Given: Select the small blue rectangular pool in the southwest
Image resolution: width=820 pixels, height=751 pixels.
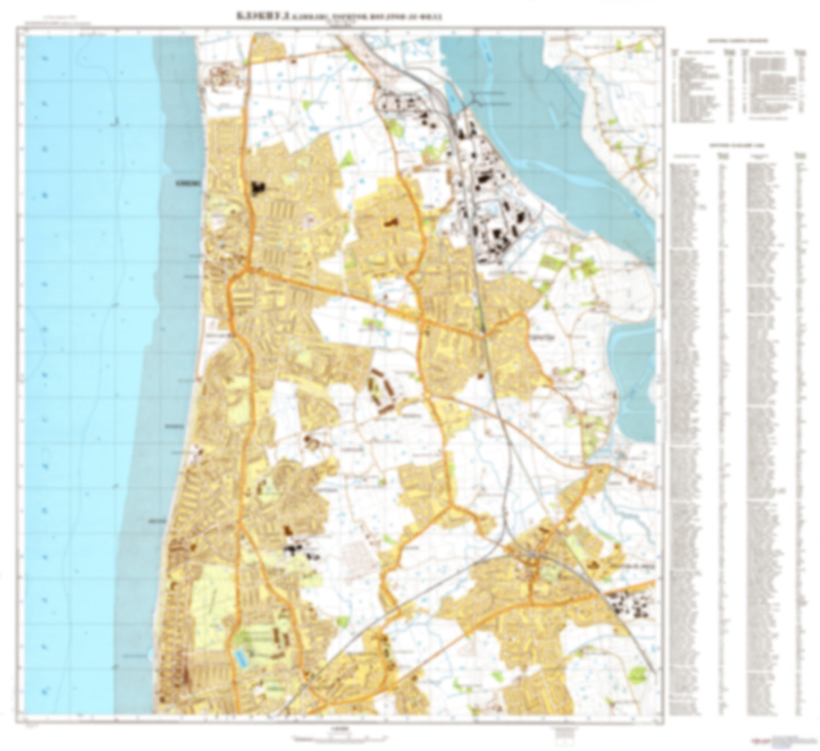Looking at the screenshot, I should point(240,657).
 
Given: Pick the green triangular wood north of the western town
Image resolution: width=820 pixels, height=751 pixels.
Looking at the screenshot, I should point(348,157).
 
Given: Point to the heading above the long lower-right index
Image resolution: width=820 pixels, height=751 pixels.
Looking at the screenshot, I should point(738,146).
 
